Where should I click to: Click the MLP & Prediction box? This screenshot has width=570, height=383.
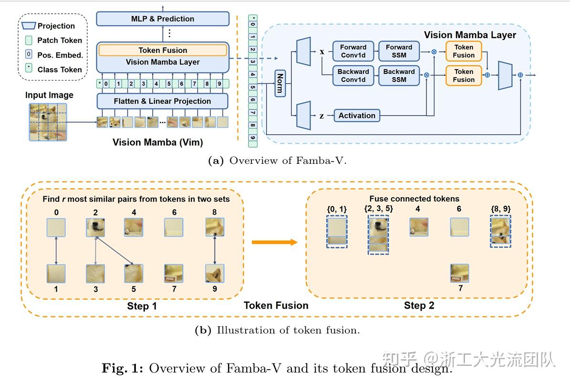tap(163, 19)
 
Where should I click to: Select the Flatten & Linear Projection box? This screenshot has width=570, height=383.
tap(162, 101)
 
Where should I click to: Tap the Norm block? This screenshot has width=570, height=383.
tap(280, 83)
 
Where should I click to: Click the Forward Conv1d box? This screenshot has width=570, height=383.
tap(353, 51)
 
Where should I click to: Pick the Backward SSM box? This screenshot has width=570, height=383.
tap(399, 75)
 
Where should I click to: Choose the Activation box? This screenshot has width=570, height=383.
tap(357, 115)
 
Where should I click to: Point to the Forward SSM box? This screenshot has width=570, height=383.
tap(399, 51)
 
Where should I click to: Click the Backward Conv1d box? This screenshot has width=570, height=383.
tap(353, 75)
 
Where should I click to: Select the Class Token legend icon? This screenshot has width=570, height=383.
tap(29, 68)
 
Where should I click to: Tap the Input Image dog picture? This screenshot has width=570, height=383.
tap(48, 122)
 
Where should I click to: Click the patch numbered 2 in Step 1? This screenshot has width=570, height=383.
tap(95, 227)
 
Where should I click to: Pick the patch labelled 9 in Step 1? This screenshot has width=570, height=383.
tap(215, 273)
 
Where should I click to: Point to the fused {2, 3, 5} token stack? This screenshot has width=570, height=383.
tap(378, 234)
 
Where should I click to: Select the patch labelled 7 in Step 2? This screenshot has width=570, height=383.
tap(459, 273)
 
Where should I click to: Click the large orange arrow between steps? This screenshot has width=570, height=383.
tap(274, 242)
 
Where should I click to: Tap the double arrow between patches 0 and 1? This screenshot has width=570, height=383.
tap(56, 251)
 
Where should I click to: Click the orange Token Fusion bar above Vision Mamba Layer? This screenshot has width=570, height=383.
tap(163, 50)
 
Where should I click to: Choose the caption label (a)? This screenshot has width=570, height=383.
tap(216, 161)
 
